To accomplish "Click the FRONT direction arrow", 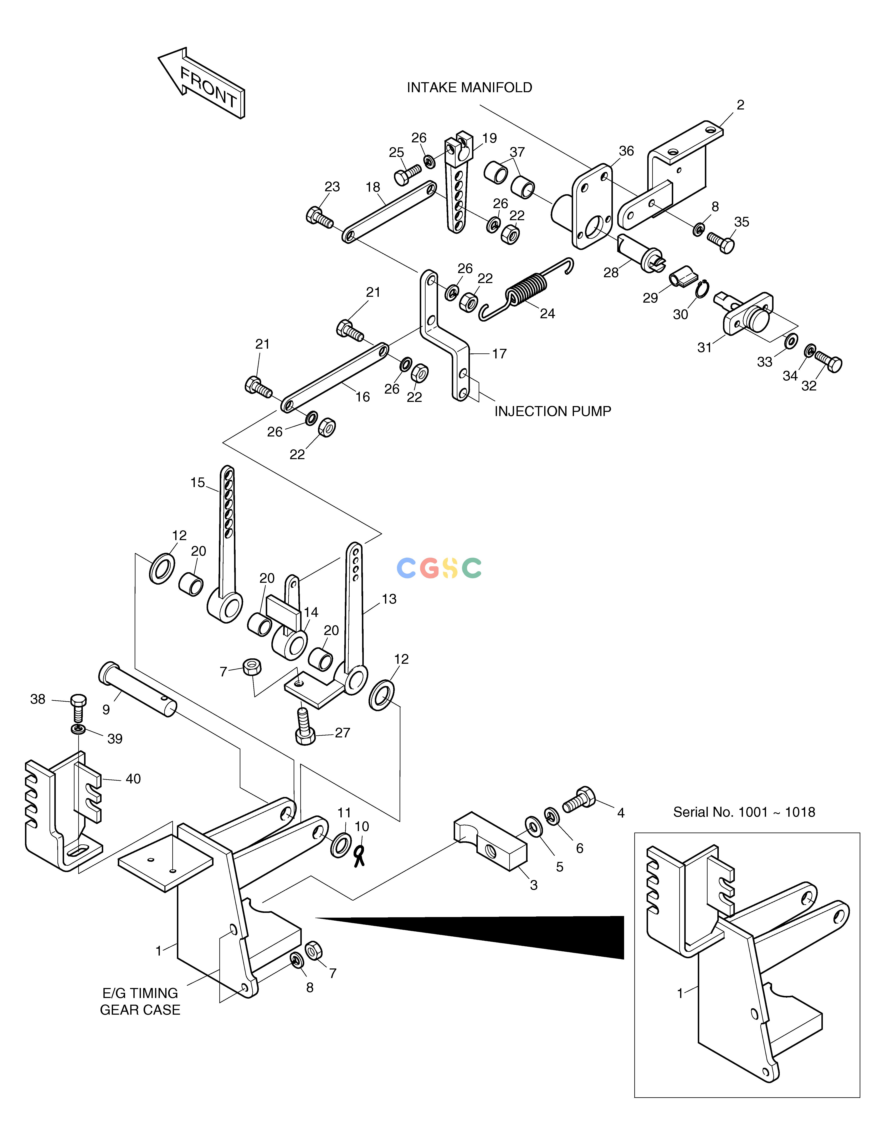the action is [x=202, y=83].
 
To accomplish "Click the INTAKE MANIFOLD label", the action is [x=469, y=87].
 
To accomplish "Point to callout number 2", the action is [x=740, y=105].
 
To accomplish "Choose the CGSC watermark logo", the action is [x=439, y=568].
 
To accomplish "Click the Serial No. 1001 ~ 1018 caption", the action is [x=744, y=812].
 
